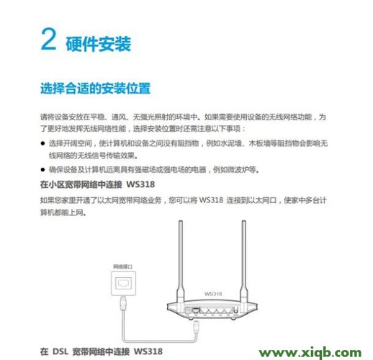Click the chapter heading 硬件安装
[x=98, y=44]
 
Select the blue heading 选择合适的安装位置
[x=94, y=89]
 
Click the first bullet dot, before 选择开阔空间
[x=42, y=144]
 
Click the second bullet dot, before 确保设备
[x=42, y=170]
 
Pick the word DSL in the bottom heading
[x=62, y=352]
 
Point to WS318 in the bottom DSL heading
[x=148, y=352]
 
